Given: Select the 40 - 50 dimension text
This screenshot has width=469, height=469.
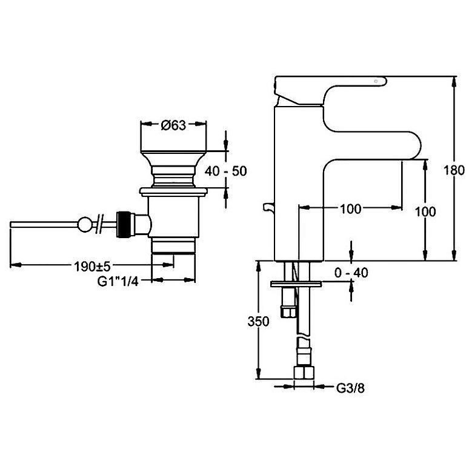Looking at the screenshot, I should (x=226, y=171).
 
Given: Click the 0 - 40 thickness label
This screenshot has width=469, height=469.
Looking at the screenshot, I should (x=351, y=273).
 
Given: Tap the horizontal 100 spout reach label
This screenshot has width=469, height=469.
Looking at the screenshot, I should (x=351, y=209).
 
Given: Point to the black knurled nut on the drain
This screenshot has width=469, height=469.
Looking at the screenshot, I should (x=125, y=222).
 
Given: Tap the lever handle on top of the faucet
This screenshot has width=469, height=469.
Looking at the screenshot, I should (x=327, y=85).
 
